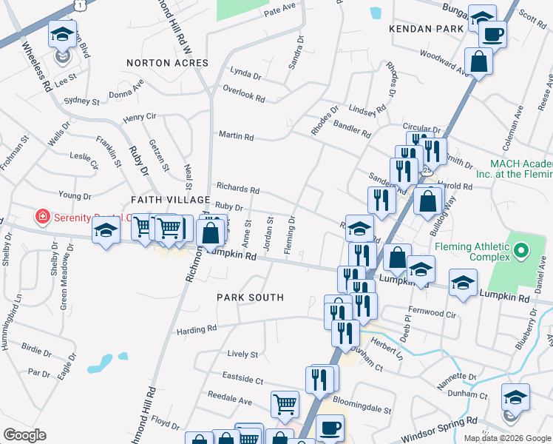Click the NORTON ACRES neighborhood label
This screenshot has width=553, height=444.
[x=167, y=64]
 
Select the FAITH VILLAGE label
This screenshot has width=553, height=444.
[x=171, y=200]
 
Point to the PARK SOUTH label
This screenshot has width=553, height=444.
[x=250, y=297]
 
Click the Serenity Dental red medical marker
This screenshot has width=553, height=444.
[x=44, y=218]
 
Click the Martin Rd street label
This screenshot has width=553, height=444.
[x=236, y=136]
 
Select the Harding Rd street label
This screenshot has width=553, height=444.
[x=197, y=329]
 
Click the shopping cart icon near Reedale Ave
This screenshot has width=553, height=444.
[x=285, y=404]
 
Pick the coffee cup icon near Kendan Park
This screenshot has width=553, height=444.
[x=492, y=33]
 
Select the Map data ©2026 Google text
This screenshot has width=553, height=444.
[x=507, y=438]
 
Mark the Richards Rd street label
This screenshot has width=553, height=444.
[x=237, y=189]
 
